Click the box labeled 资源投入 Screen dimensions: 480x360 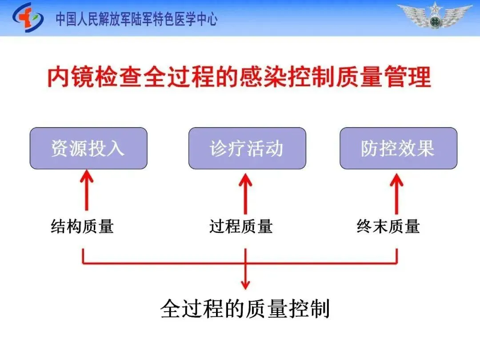click(88, 148)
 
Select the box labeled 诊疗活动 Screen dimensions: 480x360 click(247, 148)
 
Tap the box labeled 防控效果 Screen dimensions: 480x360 click(398, 148)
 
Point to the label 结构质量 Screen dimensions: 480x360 click(82, 227)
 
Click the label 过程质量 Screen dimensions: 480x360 click(241, 227)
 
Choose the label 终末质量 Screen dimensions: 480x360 click(388, 227)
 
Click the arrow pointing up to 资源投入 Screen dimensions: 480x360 click(87, 191)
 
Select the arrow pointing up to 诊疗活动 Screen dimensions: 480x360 click(245, 191)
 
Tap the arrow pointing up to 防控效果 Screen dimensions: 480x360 click(396, 191)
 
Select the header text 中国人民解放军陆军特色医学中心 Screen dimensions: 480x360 click(136, 19)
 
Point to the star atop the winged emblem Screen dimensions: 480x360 click(435, 7)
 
